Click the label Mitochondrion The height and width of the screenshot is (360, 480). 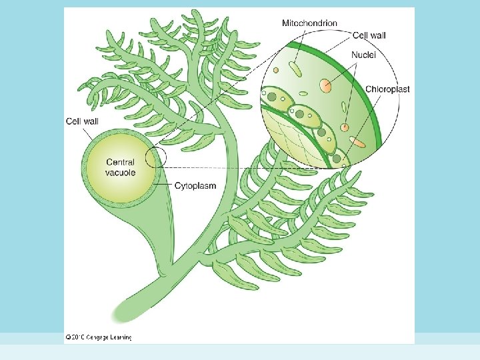(309, 23)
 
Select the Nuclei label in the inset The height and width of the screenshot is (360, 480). (363, 55)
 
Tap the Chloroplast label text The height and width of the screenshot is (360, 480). (387, 89)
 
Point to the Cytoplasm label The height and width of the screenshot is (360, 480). (195, 186)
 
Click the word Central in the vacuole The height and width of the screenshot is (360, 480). (120, 162)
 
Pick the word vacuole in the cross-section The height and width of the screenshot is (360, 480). (120, 173)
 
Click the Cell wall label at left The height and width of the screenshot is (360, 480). (81, 121)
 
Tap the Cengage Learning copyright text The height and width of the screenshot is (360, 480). (98, 337)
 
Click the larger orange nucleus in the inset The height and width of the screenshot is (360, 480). (325, 85)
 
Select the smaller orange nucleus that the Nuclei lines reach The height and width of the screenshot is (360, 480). (345, 127)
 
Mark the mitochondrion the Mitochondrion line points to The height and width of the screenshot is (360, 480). (294, 69)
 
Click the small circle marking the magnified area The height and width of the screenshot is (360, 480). (157, 157)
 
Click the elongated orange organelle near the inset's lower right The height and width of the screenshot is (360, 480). (358, 141)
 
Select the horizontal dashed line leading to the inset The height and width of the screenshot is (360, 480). (220, 167)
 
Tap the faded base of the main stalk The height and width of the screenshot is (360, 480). (124, 310)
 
